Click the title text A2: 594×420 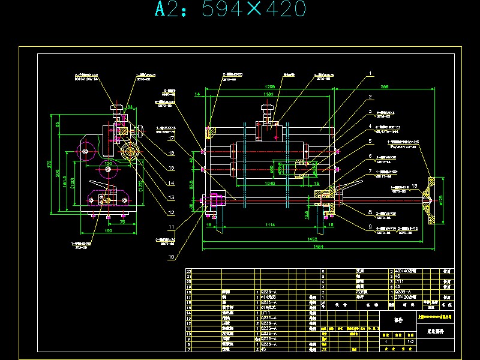click(x=231, y=10)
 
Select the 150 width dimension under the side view click(x=109, y=230)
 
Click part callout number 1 click(x=371, y=73)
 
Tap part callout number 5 click(x=371, y=141)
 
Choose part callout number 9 click(x=371, y=226)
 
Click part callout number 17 click(x=171, y=138)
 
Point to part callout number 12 click(x=171, y=212)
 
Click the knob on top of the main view click(x=266, y=112)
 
